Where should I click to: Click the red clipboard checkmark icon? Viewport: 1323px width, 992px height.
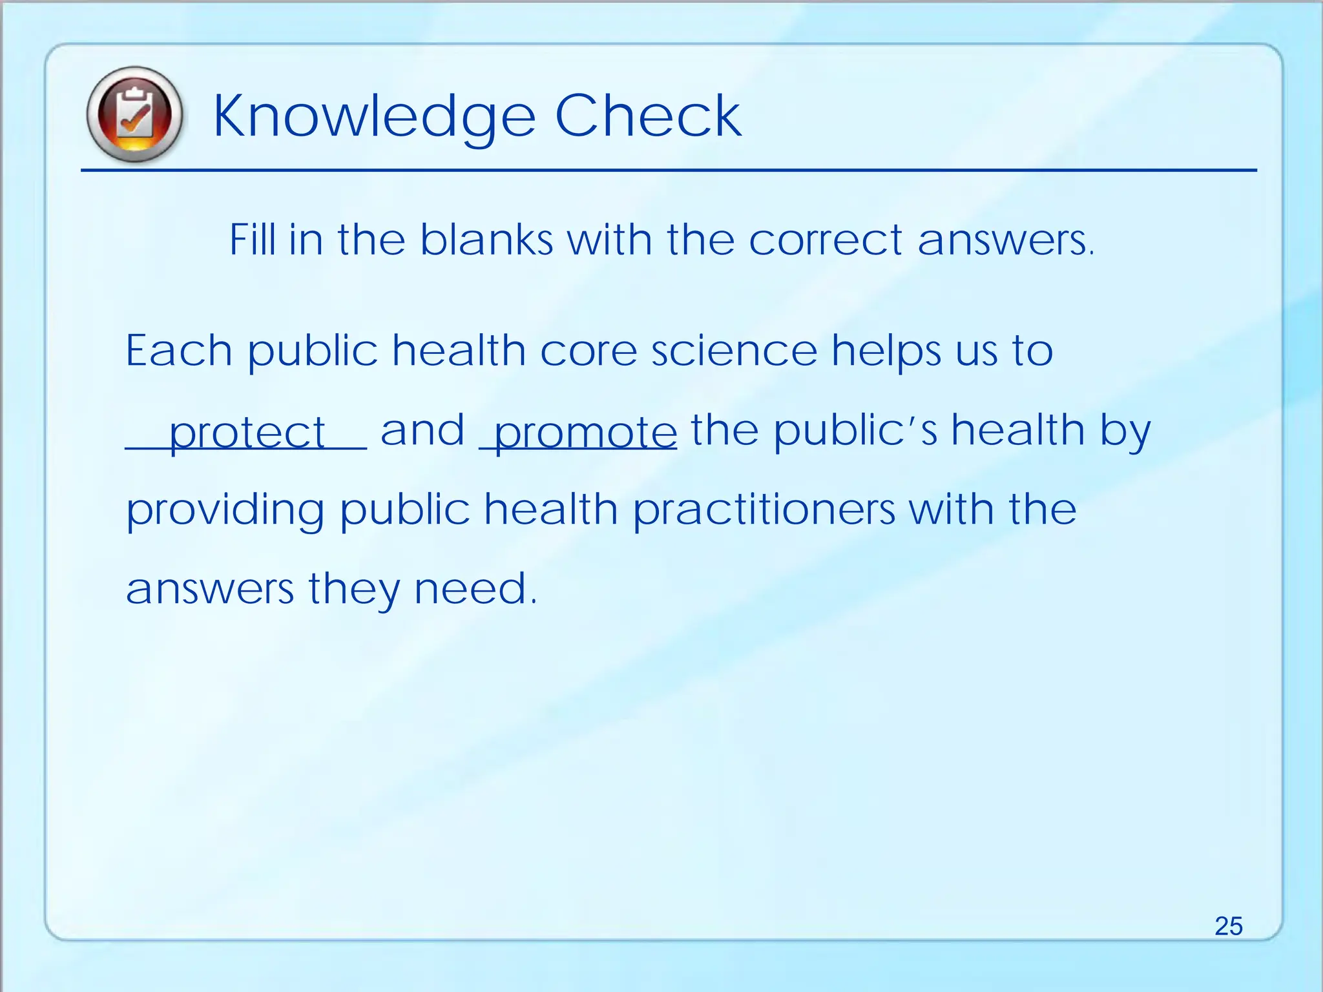(x=134, y=114)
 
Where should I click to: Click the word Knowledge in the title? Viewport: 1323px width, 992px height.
(x=374, y=116)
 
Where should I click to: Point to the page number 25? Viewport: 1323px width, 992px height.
(x=1228, y=925)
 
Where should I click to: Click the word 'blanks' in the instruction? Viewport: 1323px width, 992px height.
(x=486, y=240)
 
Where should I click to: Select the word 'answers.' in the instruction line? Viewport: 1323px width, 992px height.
(x=1006, y=240)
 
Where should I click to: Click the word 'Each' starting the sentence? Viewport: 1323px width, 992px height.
(x=179, y=351)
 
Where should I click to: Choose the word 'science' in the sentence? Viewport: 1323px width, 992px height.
(x=734, y=351)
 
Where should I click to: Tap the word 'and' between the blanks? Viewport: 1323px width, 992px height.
(x=422, y=430)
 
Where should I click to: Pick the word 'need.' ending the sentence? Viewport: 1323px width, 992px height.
(x=475, y=589)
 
